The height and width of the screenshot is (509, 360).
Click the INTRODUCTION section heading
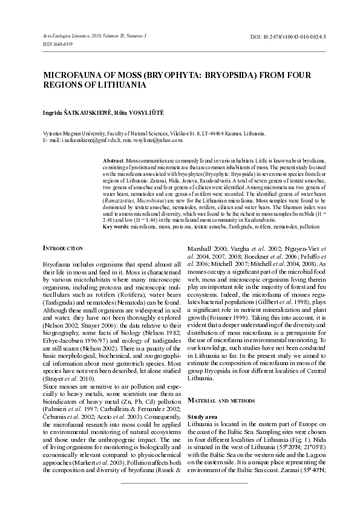(66, 248)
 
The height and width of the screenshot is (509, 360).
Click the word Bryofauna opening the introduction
(56, 265)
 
